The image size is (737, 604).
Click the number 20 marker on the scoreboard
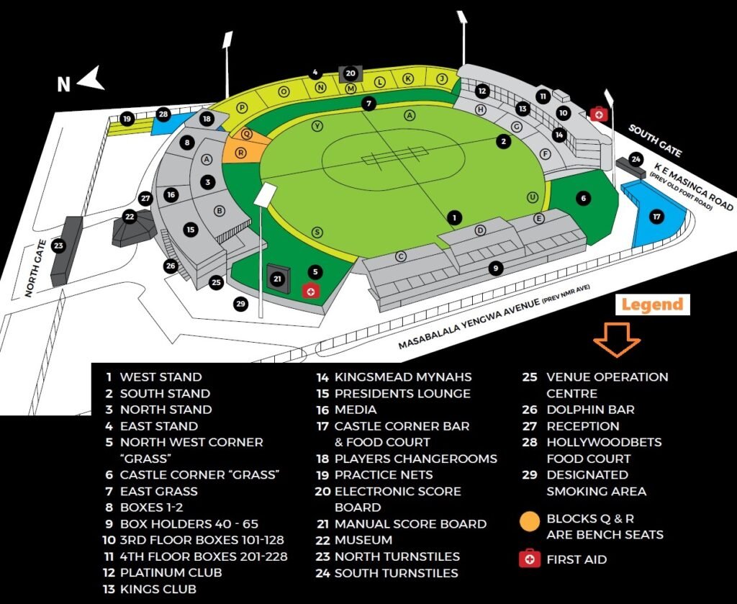click(351, 73)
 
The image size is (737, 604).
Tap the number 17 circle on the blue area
click(656, 216)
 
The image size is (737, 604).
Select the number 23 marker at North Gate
click(59, 246)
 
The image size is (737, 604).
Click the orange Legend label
click(652, 305)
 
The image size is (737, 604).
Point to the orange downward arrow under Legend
click(617, 340)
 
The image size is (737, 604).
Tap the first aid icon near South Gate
click(598, 113)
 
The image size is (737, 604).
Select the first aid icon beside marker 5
click(310, 291)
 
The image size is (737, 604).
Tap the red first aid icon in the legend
click(530, 559)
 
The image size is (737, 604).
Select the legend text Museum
click(363, 540)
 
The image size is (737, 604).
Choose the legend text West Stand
click(160, 377)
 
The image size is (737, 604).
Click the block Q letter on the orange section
click(246, 133)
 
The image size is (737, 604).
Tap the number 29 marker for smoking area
click(241, 304)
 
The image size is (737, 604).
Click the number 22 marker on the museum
click(130, 216)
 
